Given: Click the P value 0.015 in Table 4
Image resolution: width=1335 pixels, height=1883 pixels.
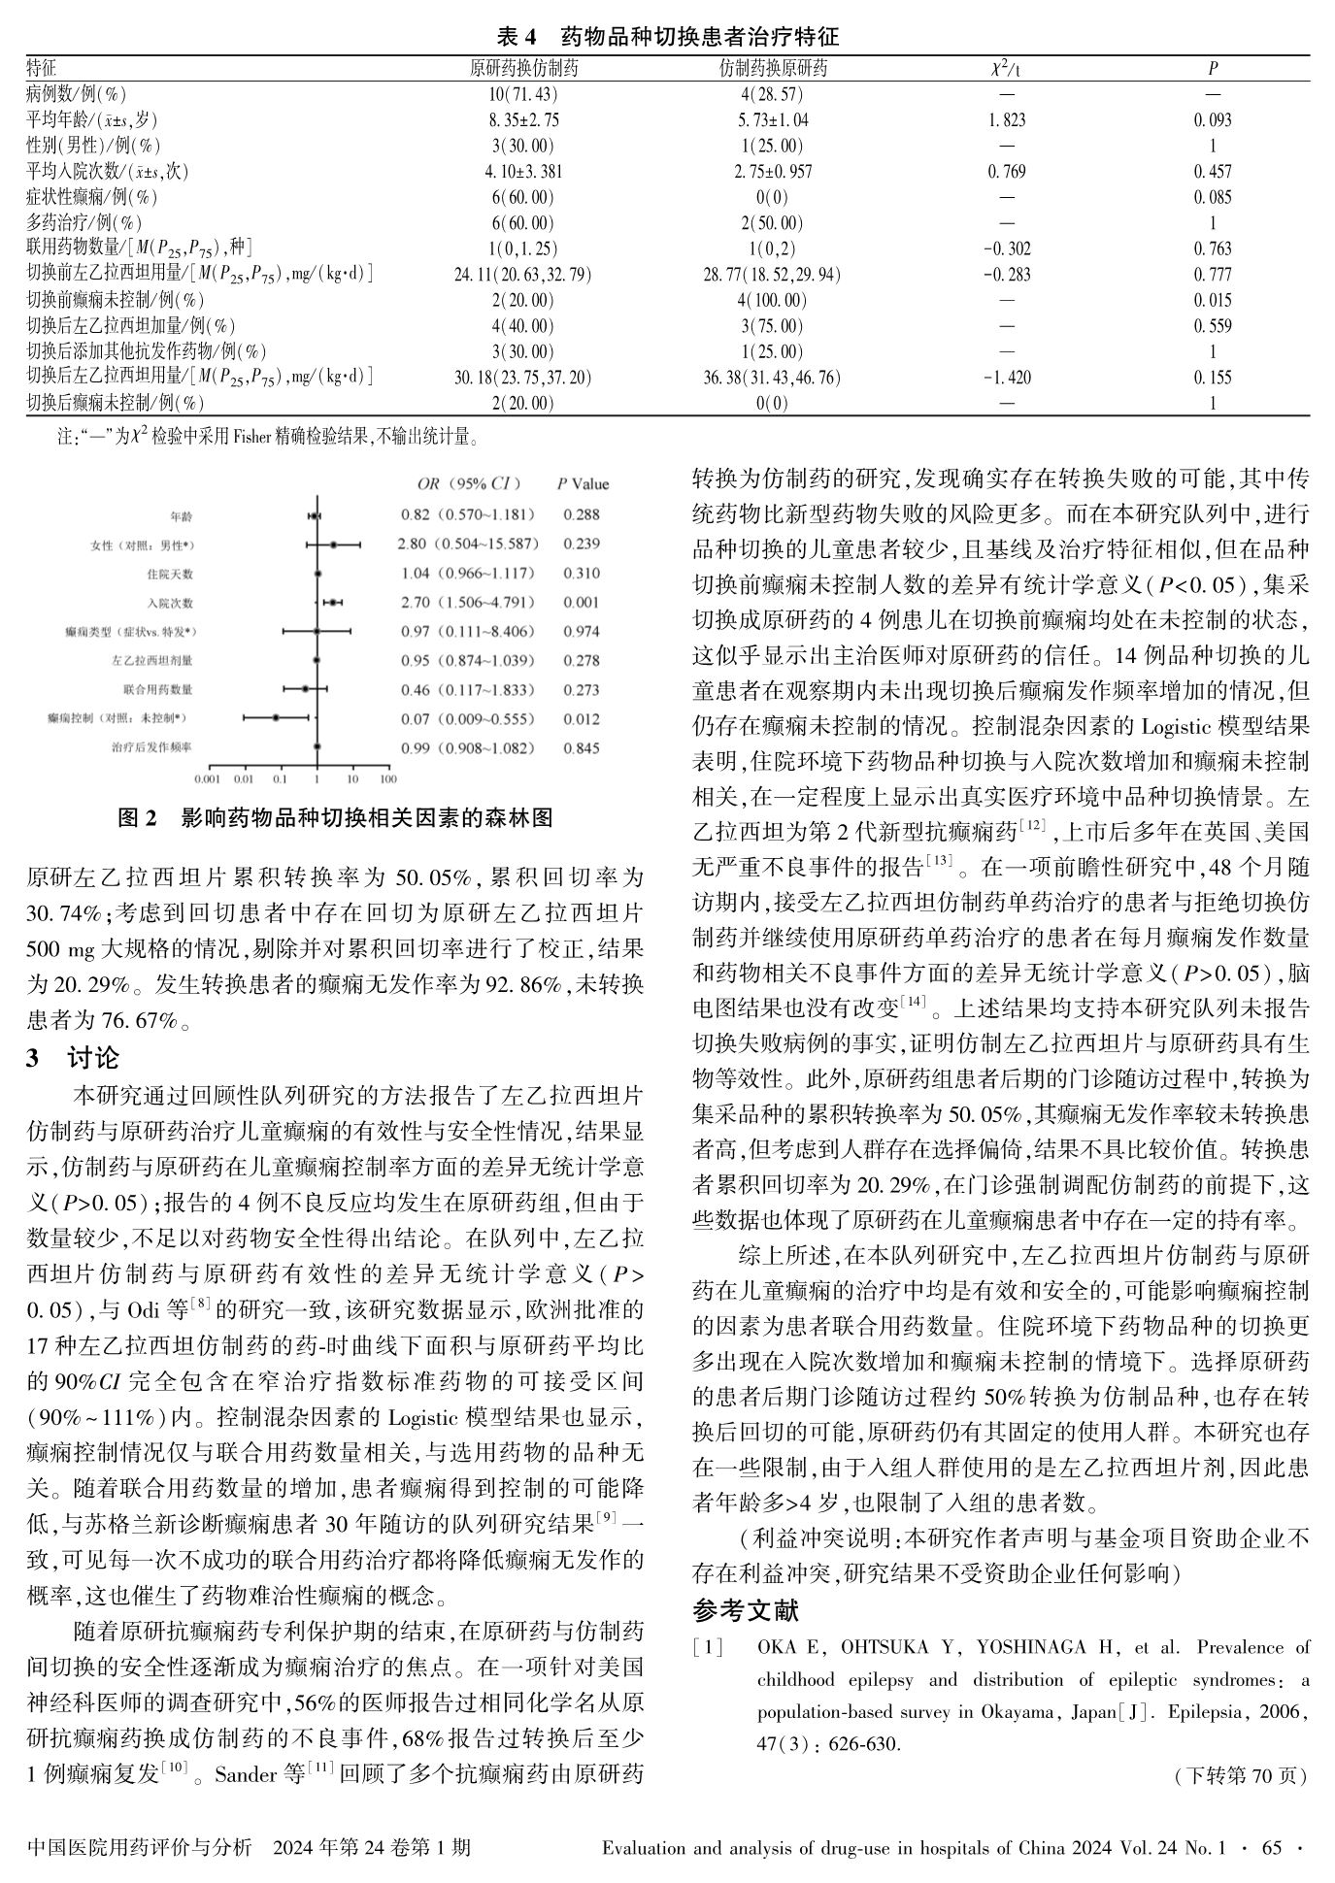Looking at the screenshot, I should coord(1213,300).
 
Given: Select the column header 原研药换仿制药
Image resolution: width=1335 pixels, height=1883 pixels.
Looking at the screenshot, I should coord(523,68).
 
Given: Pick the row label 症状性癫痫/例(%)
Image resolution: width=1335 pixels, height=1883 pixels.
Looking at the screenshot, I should coord(92,197).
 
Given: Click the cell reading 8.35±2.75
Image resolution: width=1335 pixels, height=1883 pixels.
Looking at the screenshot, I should coord(523,120).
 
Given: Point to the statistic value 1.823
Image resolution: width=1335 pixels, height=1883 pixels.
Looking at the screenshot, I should coord(1006,120).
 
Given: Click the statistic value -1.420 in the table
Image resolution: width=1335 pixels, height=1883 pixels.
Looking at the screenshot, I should coord(1006,378).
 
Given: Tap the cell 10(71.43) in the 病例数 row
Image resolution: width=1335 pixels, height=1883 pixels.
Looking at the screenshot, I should coord(523,94).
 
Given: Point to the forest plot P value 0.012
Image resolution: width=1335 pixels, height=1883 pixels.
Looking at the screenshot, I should coord(581,718).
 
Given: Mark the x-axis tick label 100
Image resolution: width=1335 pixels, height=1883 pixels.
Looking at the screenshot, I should coord(387,778).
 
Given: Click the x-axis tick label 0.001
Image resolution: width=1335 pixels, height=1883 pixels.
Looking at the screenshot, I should coord(207,778).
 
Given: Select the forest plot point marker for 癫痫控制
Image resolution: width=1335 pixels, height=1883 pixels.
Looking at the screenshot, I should coord(276,718).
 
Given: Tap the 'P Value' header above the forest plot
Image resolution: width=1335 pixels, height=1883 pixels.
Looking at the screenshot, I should coord(583,484).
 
